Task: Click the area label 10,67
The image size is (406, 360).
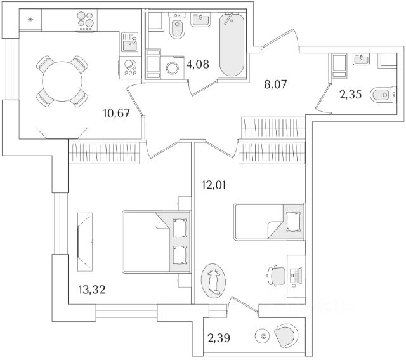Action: (117, 114)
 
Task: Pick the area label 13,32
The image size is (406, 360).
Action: (87, 290)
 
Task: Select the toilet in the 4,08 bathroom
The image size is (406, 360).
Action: (177, 29)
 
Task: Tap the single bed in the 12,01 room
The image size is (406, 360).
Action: (270, 222)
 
